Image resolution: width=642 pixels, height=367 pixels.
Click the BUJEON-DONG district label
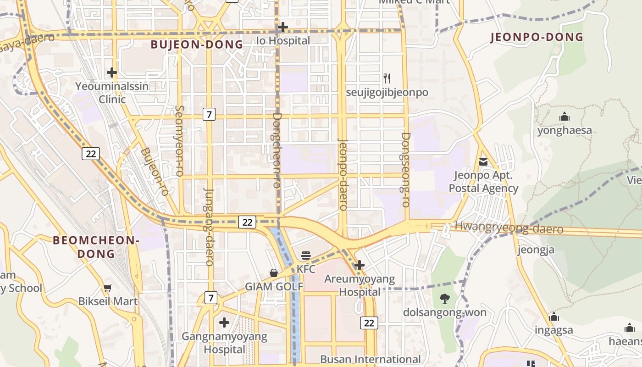[197, 44]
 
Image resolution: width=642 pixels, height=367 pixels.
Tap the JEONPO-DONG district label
[537, 37]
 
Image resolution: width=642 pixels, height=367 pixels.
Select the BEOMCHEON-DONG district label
[96, 247]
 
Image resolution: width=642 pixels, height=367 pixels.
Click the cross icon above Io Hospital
[283, 27]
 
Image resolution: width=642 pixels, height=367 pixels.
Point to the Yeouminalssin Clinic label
[112, 93]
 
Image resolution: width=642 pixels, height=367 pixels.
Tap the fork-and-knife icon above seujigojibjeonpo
[387, 78]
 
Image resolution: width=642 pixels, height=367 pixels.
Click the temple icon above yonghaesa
[565, 117]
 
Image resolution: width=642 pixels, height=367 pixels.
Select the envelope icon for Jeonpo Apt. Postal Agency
[483, 161]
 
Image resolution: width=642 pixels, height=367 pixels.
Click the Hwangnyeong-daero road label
[509, 228]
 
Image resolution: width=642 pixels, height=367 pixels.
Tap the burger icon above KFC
[306, 256]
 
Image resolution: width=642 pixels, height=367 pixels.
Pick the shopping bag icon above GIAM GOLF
[274, 273]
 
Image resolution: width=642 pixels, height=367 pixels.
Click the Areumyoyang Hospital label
[360, 285]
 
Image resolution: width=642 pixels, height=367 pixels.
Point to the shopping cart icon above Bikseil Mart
[108, 288]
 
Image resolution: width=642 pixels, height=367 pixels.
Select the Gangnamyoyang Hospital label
[224, 343]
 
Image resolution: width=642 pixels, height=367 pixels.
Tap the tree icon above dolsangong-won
[444, 299]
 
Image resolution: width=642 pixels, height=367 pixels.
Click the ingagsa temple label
[554, 330]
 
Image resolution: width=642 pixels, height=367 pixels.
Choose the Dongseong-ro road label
[405, 170]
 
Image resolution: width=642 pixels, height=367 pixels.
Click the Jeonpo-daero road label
[343, 174]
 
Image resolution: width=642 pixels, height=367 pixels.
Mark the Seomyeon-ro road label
[179, 141]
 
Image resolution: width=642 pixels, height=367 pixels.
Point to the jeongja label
[536, 250]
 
